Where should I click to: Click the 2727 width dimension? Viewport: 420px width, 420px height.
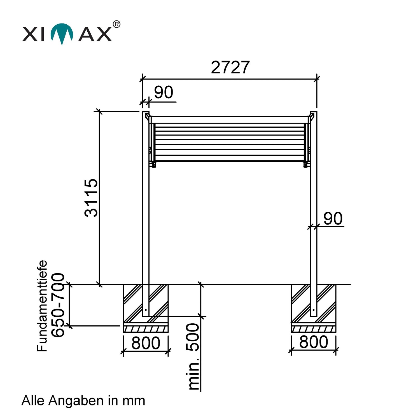coord(230,67)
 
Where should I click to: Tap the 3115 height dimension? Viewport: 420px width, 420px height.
coord(91,198)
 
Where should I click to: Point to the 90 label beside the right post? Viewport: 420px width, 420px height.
coord(333,218)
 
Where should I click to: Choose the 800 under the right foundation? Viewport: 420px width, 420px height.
coord(314,342)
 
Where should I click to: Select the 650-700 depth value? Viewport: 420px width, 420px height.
coord(58,305)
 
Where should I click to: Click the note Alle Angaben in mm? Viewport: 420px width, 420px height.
coord(83,401)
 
